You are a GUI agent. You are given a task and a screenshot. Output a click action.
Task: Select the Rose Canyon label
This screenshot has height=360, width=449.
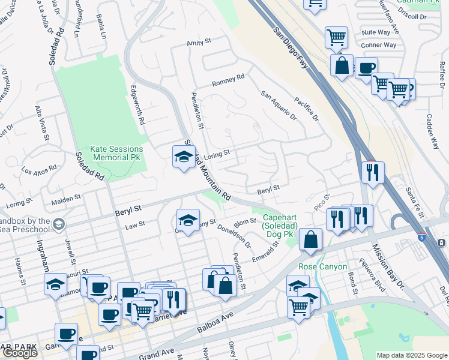[x=323, y=266]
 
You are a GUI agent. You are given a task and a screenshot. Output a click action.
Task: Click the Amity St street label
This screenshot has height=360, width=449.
[x=200, y=43]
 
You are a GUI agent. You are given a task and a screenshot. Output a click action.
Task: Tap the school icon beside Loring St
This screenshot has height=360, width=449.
[x=184, y=157]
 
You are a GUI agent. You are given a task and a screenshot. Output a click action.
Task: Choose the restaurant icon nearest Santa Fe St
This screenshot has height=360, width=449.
[x=373, y=173]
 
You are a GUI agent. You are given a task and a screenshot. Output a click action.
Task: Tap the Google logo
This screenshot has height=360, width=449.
[x=19, y=353]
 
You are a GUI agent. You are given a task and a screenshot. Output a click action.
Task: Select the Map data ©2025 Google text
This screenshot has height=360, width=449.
[x=411, y=355]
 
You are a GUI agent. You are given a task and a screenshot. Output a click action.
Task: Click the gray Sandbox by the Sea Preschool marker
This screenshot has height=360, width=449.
[x=59, y=225]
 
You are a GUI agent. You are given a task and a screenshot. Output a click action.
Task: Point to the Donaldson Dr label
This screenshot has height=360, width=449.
[x=234, y=236]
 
